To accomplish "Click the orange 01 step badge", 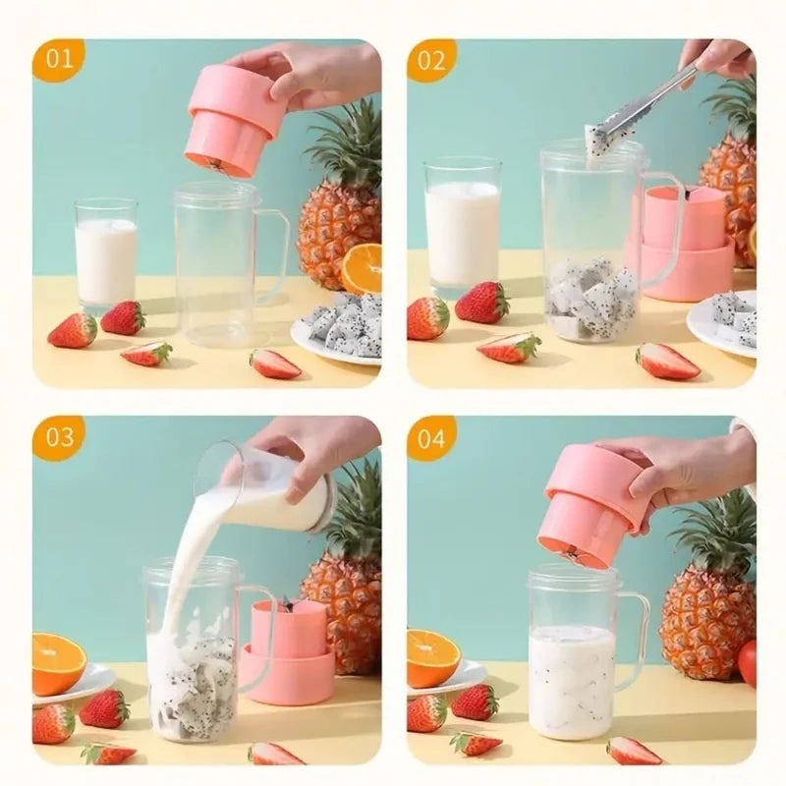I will (x=59, y=60).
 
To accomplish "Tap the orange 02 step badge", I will (x=432, y=60).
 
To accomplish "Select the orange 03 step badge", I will (x=59, y=437).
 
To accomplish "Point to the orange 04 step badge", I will (x=432, y=437).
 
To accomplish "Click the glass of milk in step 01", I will (x=106, y=257).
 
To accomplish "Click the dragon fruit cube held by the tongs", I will (x=597, y=140).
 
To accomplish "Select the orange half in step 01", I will (x=362, y=267).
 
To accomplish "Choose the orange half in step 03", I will (x=57, y=662).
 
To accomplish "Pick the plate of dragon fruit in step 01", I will (x=339, y=329).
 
